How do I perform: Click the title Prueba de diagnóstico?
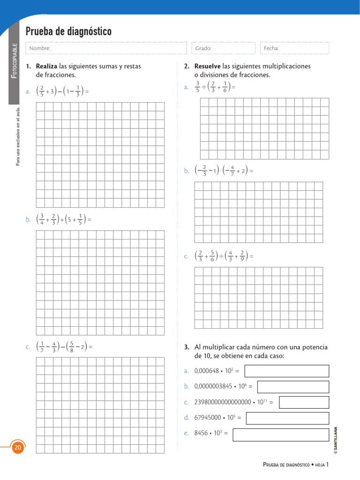coord(68,32)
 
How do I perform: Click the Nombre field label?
coord(39,48)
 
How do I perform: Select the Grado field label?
coord(204,48)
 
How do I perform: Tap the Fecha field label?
coord(271,48)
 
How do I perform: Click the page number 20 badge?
coord(18,448)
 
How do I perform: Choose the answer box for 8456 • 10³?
coord(281,434)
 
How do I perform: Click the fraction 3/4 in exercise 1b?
coord(42,219)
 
